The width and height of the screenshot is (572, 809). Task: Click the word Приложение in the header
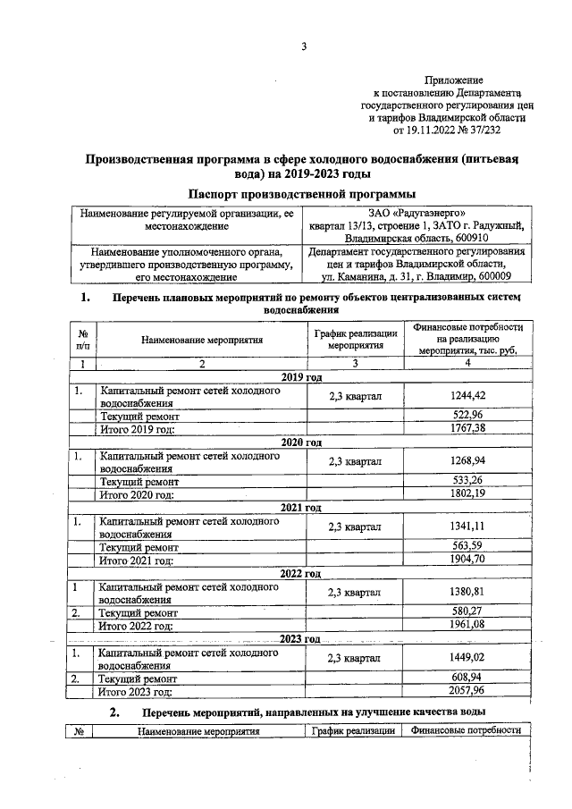(x=456, y=80)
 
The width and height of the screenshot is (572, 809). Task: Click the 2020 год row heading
(x=302, y=442)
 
